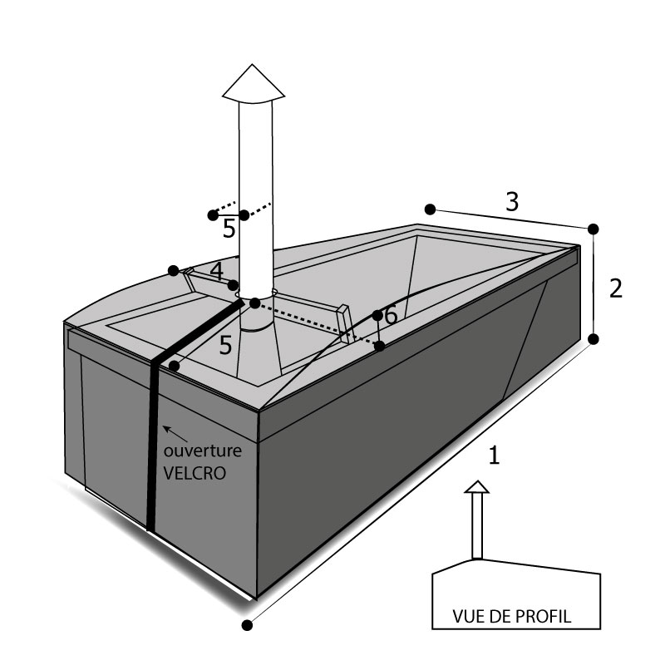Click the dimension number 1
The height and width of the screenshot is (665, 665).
coord(495,456)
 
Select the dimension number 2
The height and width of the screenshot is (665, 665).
coord(616,288)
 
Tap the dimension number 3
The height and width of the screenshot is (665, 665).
coord(513,200)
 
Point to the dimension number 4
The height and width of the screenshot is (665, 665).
coord(216,271)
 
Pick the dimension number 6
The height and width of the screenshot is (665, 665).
coord(391,317)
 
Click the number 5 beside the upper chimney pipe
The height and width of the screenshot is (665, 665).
coord(229,229)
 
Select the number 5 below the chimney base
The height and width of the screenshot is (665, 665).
coord(225,346)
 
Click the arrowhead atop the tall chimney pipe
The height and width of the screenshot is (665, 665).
coord(255,84)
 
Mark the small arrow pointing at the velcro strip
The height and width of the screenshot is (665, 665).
coord(168,430)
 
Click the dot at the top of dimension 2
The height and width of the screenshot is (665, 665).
coord(593,229)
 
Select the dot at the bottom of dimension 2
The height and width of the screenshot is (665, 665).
coord(594,338)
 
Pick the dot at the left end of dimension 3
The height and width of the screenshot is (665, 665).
coord(430,208)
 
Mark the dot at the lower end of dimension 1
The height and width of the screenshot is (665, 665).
coord(246,624)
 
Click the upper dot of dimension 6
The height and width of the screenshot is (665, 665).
coord(377,315)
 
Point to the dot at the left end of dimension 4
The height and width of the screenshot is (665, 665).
coord(173,270)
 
